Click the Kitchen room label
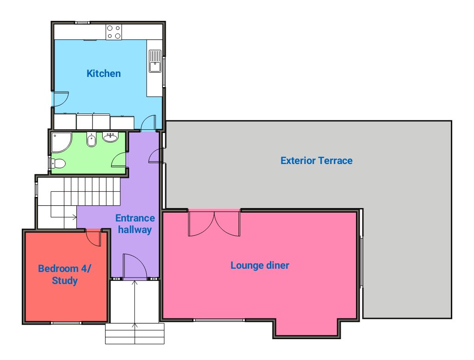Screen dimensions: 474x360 [x=104, y=74]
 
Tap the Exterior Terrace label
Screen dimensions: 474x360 [x=317, y=161]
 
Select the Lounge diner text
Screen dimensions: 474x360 [x=260, y=265]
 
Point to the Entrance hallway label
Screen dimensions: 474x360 [x=135, y=224]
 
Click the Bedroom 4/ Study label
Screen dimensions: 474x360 [x=64, y=274]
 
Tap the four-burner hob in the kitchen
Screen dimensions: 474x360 [x=114, y=32]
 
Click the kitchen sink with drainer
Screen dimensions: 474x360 [x=155, y=61]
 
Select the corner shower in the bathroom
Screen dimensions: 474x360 [x=62, y=142]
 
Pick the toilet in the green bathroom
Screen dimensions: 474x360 [x=58, y=164]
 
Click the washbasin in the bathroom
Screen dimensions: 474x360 [x=110, y=137]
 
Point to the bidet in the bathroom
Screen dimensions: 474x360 [x=91, y=139]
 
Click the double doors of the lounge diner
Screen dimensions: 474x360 [x=214, y=223]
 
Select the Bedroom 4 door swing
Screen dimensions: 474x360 [x=94, y=238]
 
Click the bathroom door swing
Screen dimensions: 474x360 [x=119, y=160]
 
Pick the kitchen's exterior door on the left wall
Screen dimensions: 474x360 [x=61, y=99]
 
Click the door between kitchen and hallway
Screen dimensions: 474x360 [x=149, y=122]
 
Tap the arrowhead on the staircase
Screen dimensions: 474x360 [x=75, y=217]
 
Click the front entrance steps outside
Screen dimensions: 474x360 [x=135, y=334]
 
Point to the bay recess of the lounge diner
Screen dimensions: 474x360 [x=306, y=327]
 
